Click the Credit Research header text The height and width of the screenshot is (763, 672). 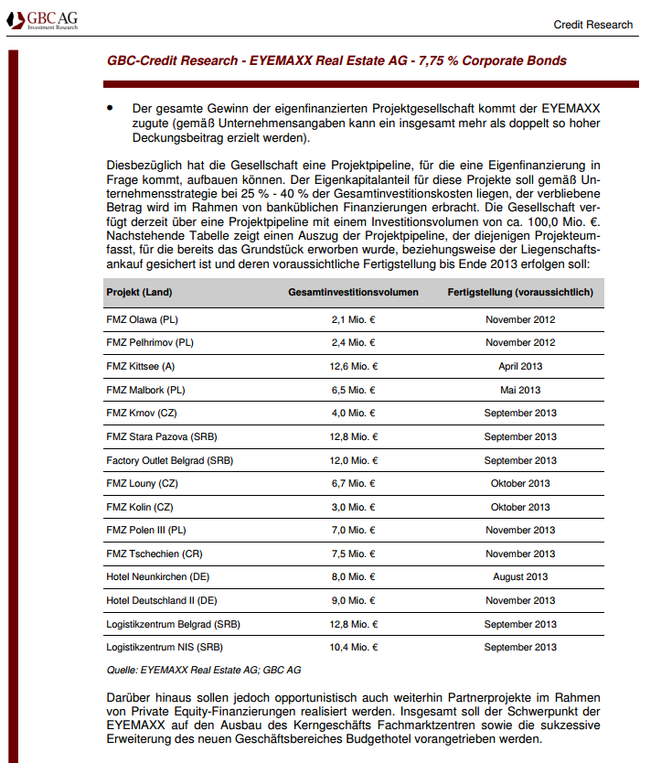point(592,25)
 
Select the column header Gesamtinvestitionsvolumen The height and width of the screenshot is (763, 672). point(353,293)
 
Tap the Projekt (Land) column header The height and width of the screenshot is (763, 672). point(139,293)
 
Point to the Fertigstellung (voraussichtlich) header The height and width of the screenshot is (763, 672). point(520,293)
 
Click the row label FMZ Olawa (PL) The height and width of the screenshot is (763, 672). point(144,319)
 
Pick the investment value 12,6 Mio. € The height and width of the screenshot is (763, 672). point(354,366)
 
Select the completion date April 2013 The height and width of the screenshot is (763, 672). point(520,366)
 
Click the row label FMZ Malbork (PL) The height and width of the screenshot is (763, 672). point(146,390)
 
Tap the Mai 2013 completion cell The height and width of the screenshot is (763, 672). point(520,390)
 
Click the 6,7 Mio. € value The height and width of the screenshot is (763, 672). point(354,483)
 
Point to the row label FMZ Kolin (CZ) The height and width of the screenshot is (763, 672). point(140,507)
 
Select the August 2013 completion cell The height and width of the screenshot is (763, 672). point(520,577)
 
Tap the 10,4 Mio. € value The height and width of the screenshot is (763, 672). point(354,648)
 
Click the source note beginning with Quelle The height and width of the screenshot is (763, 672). point(204,671)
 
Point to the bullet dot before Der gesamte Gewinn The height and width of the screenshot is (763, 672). point(111,108)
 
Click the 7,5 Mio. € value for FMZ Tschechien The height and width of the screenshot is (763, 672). point(354,553)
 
